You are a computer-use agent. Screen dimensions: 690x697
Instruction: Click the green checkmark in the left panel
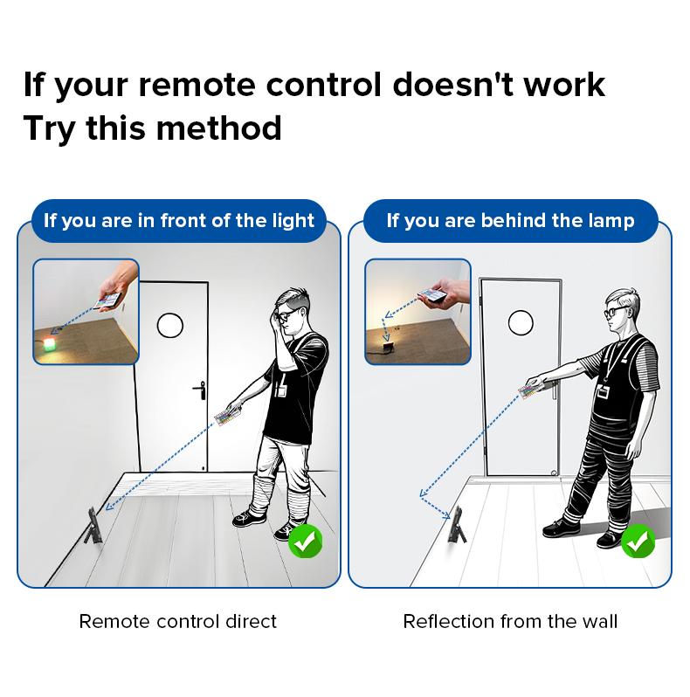305,541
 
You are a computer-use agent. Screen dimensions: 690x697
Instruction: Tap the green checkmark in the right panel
638,541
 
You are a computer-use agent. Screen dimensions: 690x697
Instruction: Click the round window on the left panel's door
169,326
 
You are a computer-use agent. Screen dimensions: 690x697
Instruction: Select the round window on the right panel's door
521,322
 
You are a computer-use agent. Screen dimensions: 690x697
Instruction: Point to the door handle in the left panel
200,390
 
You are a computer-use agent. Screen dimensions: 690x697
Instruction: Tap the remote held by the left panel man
228,418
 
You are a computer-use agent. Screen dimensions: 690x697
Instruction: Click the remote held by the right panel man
531,390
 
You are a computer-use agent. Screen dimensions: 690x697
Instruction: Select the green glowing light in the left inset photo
49,343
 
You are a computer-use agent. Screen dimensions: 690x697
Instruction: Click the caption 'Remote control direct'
178,621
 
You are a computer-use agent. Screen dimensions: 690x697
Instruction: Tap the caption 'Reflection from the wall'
510,621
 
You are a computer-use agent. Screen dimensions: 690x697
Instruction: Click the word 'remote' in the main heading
197,85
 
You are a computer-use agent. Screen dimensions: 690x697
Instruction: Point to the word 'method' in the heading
218,128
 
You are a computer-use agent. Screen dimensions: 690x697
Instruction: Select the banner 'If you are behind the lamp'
510,220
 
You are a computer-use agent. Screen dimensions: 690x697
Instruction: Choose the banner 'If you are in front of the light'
179,220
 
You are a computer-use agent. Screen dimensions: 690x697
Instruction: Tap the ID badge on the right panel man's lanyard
603,392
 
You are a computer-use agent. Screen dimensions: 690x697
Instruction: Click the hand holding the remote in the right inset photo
450,294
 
